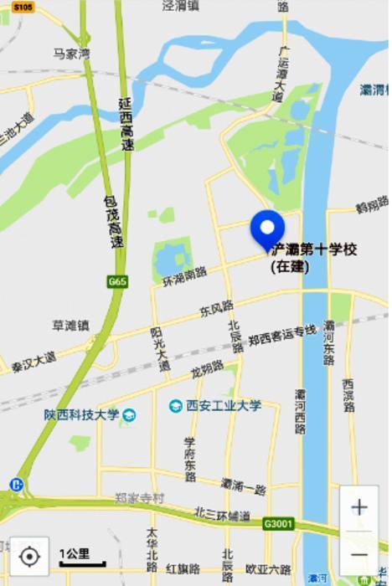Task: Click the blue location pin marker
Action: click(x=267, y=229)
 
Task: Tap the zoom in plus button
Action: click(x=358, y=507)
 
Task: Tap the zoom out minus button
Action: click(x=358, y=554)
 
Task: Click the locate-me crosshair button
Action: click(x=29, y=556)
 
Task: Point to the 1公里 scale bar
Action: click(x=81, y=558)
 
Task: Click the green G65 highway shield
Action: click(x=117, y=282)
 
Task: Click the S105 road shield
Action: click(x=23, y=7)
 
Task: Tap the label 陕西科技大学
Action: click(x=82, y=414)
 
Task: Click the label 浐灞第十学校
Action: click(x=314, y=249)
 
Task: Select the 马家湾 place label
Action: click(x=71, y=54)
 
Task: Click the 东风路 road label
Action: click(x=216, y=310)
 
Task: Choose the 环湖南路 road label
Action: click(x=184, y=274)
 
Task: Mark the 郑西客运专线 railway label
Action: click(x=282, y=336)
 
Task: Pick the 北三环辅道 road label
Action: click(x=222, y=513)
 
